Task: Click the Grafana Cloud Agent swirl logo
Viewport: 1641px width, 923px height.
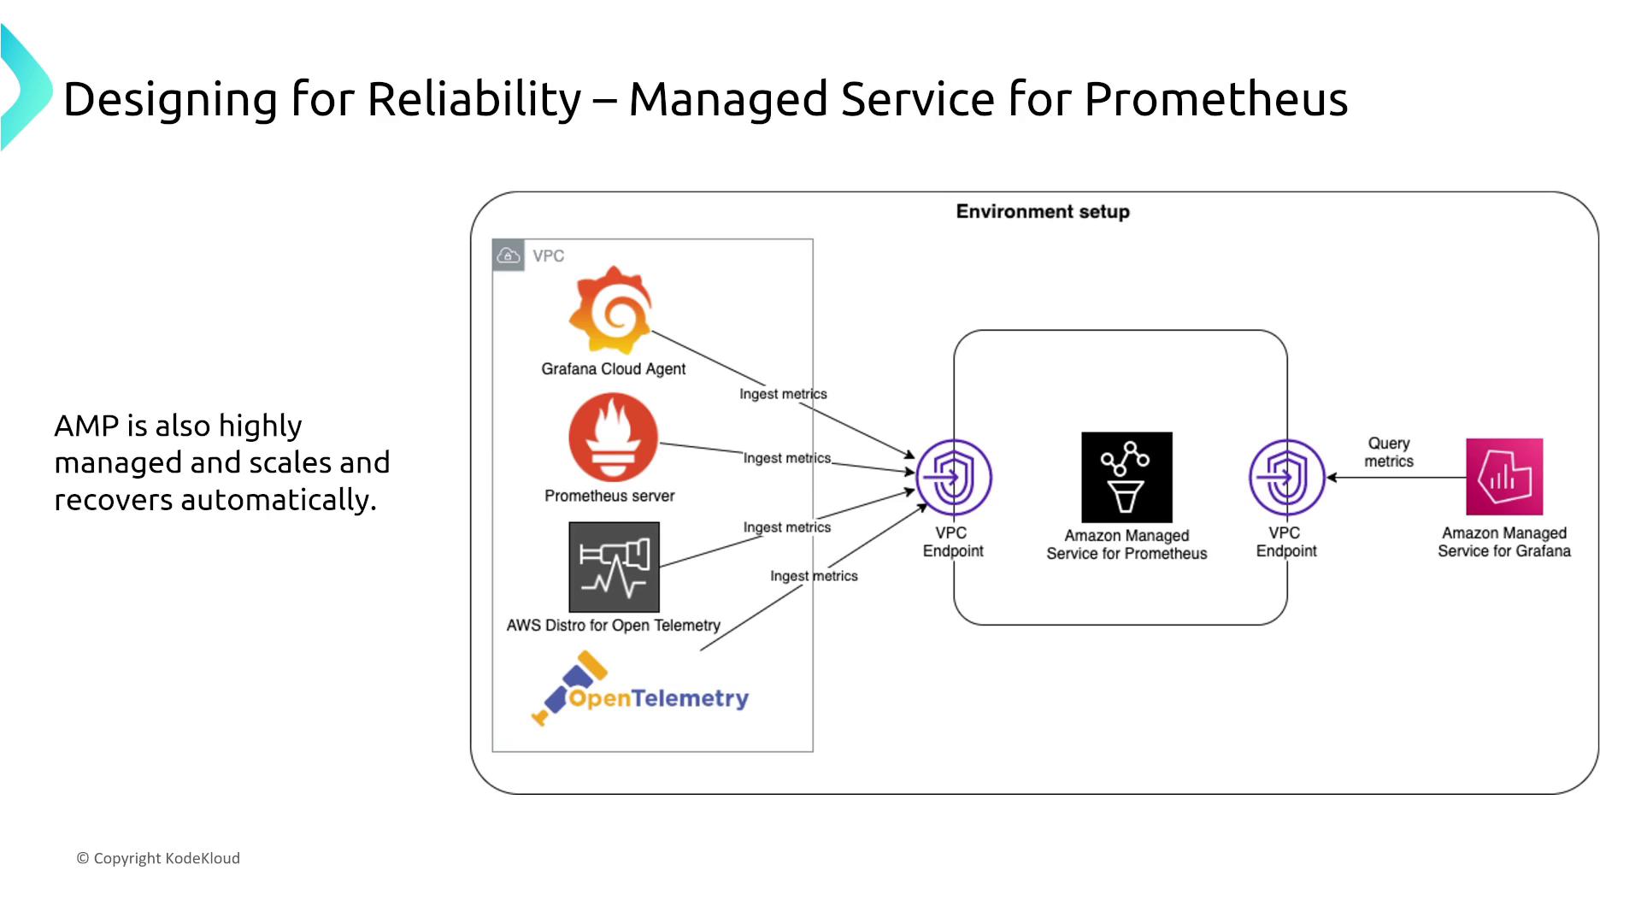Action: tap(612, 310)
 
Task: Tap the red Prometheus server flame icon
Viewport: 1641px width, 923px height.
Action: tap(613, 438)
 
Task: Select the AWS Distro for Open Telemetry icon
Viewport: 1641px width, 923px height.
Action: tap(614, 567)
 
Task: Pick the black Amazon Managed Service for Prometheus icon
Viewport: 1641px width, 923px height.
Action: tap(1126, 477)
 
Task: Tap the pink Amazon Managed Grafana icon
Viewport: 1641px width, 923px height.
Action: tap(1504, 477)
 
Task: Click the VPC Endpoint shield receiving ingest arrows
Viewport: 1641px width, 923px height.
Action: tap(954, 477)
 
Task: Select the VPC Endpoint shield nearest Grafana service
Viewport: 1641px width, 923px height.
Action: tap(1286, 477)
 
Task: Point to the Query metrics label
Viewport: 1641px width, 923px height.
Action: tap(1389, 452)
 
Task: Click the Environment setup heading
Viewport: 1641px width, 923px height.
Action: tap(1043, 211)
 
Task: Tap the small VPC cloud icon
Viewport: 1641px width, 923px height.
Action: tap(509, 256)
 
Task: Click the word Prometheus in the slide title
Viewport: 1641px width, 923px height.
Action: tap(1215, 99)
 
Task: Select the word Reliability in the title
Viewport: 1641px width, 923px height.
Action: tap(474, 99)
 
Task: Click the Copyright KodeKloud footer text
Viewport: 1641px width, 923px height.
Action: tap(159, 858)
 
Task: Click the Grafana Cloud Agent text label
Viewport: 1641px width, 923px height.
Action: tap(613, 368)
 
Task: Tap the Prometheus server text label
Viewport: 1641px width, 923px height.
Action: tap(609, 496)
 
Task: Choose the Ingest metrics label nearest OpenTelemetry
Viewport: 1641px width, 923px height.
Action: tap(814, 576)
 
